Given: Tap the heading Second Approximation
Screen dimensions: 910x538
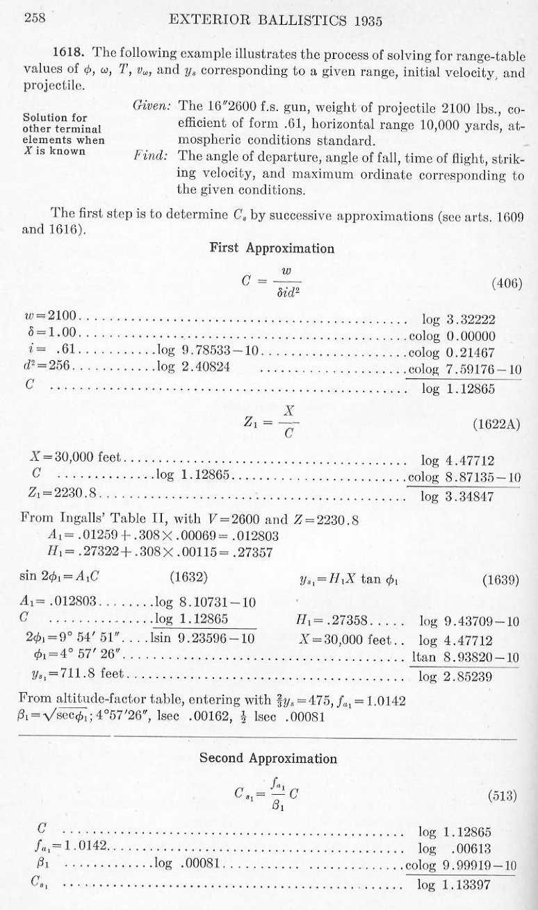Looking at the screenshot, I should pyautogui.click(x=268, y=758).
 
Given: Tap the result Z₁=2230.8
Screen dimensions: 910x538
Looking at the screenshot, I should pyautogui.click(x=59, y=494).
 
